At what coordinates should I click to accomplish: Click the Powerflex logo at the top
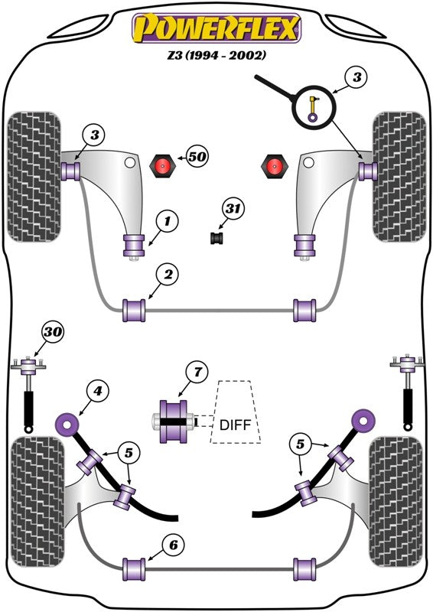point(216,28)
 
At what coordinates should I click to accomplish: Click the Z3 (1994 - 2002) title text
point(216,55)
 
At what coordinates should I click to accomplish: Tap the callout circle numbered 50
point(197,157)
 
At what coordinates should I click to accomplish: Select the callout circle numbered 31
point(233,209)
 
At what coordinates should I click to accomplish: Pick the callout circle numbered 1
point(167,222)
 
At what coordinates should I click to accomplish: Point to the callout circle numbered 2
point(168,275)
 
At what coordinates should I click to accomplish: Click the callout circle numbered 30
point(53,332)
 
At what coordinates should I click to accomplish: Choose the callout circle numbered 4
point(97,391)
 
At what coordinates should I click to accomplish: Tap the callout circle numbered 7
point(197,373)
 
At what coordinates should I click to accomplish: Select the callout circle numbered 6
point(174,545)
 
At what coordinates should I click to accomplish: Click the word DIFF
point(235,425)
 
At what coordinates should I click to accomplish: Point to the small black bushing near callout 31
point(216,238)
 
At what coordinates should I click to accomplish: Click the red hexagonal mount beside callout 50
point(163,166)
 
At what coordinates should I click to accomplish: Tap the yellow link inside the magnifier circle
point(313,109)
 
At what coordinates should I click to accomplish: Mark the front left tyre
point(34,177)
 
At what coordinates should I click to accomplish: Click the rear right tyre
point(396,502)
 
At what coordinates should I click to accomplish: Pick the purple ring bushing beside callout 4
point(67,424)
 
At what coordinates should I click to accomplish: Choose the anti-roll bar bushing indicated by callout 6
point(134,569)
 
